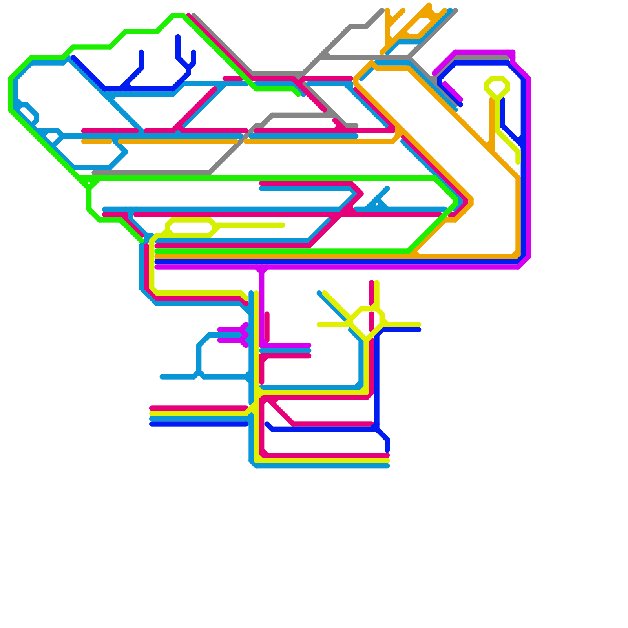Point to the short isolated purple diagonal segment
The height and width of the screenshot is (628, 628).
[453, 91]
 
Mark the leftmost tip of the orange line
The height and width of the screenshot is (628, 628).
[83, 141]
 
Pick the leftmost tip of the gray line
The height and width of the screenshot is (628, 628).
[94, 173]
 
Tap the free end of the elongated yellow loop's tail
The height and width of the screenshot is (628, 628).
[283, 225]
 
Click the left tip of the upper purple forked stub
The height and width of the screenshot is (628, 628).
[219, 330]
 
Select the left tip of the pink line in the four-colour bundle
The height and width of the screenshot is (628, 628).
[152, 408]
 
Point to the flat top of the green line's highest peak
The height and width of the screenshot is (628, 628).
[178, 16]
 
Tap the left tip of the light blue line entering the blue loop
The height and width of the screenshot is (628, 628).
[162, 377]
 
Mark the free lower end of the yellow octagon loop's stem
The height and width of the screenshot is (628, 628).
[518, 162]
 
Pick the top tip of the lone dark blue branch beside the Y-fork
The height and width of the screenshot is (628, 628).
[141, 52]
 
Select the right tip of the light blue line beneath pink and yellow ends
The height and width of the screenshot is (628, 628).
[388, 466]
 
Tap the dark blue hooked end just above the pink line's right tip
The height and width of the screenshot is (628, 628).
[387, 449]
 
